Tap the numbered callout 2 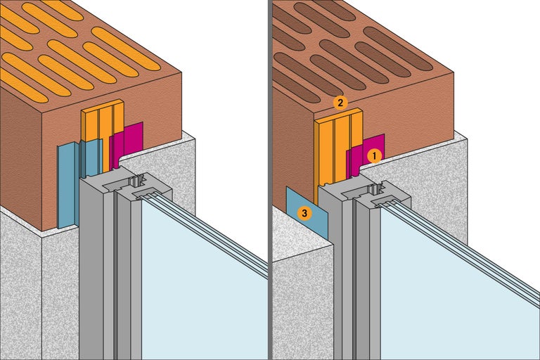click(x=340, y=103)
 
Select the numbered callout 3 click(x=304, y=212)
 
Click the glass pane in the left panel click(x=197, y=281)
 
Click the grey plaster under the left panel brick click(x=28, y=295)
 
